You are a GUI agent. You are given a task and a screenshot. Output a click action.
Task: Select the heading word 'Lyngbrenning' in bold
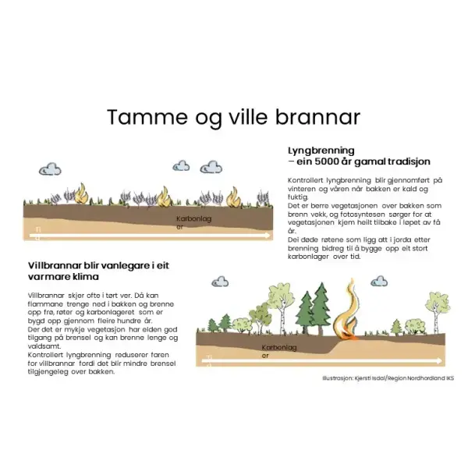[321, 150]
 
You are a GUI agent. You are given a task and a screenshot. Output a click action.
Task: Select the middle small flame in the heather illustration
[165, 195]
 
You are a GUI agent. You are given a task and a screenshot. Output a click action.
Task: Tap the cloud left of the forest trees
[221, 280]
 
